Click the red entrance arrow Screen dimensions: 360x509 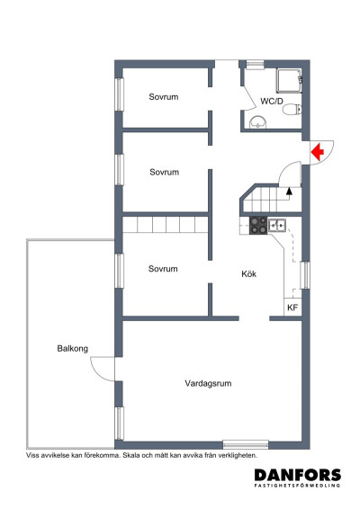coord(317,152)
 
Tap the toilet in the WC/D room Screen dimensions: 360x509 coord(292,110)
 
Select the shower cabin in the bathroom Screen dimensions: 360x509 coord(289,81)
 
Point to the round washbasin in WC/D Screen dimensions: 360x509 coord(258,122)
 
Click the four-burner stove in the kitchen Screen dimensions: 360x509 coord(258,226)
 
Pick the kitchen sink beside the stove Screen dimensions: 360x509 coord(277,225)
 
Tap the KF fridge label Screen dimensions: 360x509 coord(292,308)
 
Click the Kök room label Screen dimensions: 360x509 coord(249,273)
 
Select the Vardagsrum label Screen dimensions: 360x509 coord(208,383)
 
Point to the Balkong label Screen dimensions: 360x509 coord(73,349)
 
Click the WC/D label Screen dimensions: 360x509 coord(272,101)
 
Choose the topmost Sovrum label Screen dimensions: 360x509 coord(164,97)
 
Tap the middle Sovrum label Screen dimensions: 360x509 coord(164,172)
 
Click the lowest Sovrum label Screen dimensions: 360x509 coord(163,269)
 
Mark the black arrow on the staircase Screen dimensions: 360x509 coord(289,191)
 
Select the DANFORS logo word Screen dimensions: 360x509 coord(298,475)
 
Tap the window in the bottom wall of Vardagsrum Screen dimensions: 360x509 coord(246,444)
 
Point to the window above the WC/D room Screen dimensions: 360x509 coord(255,64)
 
